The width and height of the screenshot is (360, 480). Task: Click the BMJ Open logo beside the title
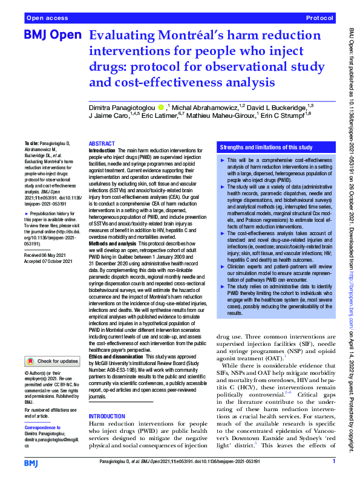pos(52,36)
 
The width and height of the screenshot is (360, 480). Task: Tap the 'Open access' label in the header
pos(46,19)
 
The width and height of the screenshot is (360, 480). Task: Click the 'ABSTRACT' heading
pos(102,137)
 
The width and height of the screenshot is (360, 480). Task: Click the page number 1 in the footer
pos(333,461)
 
